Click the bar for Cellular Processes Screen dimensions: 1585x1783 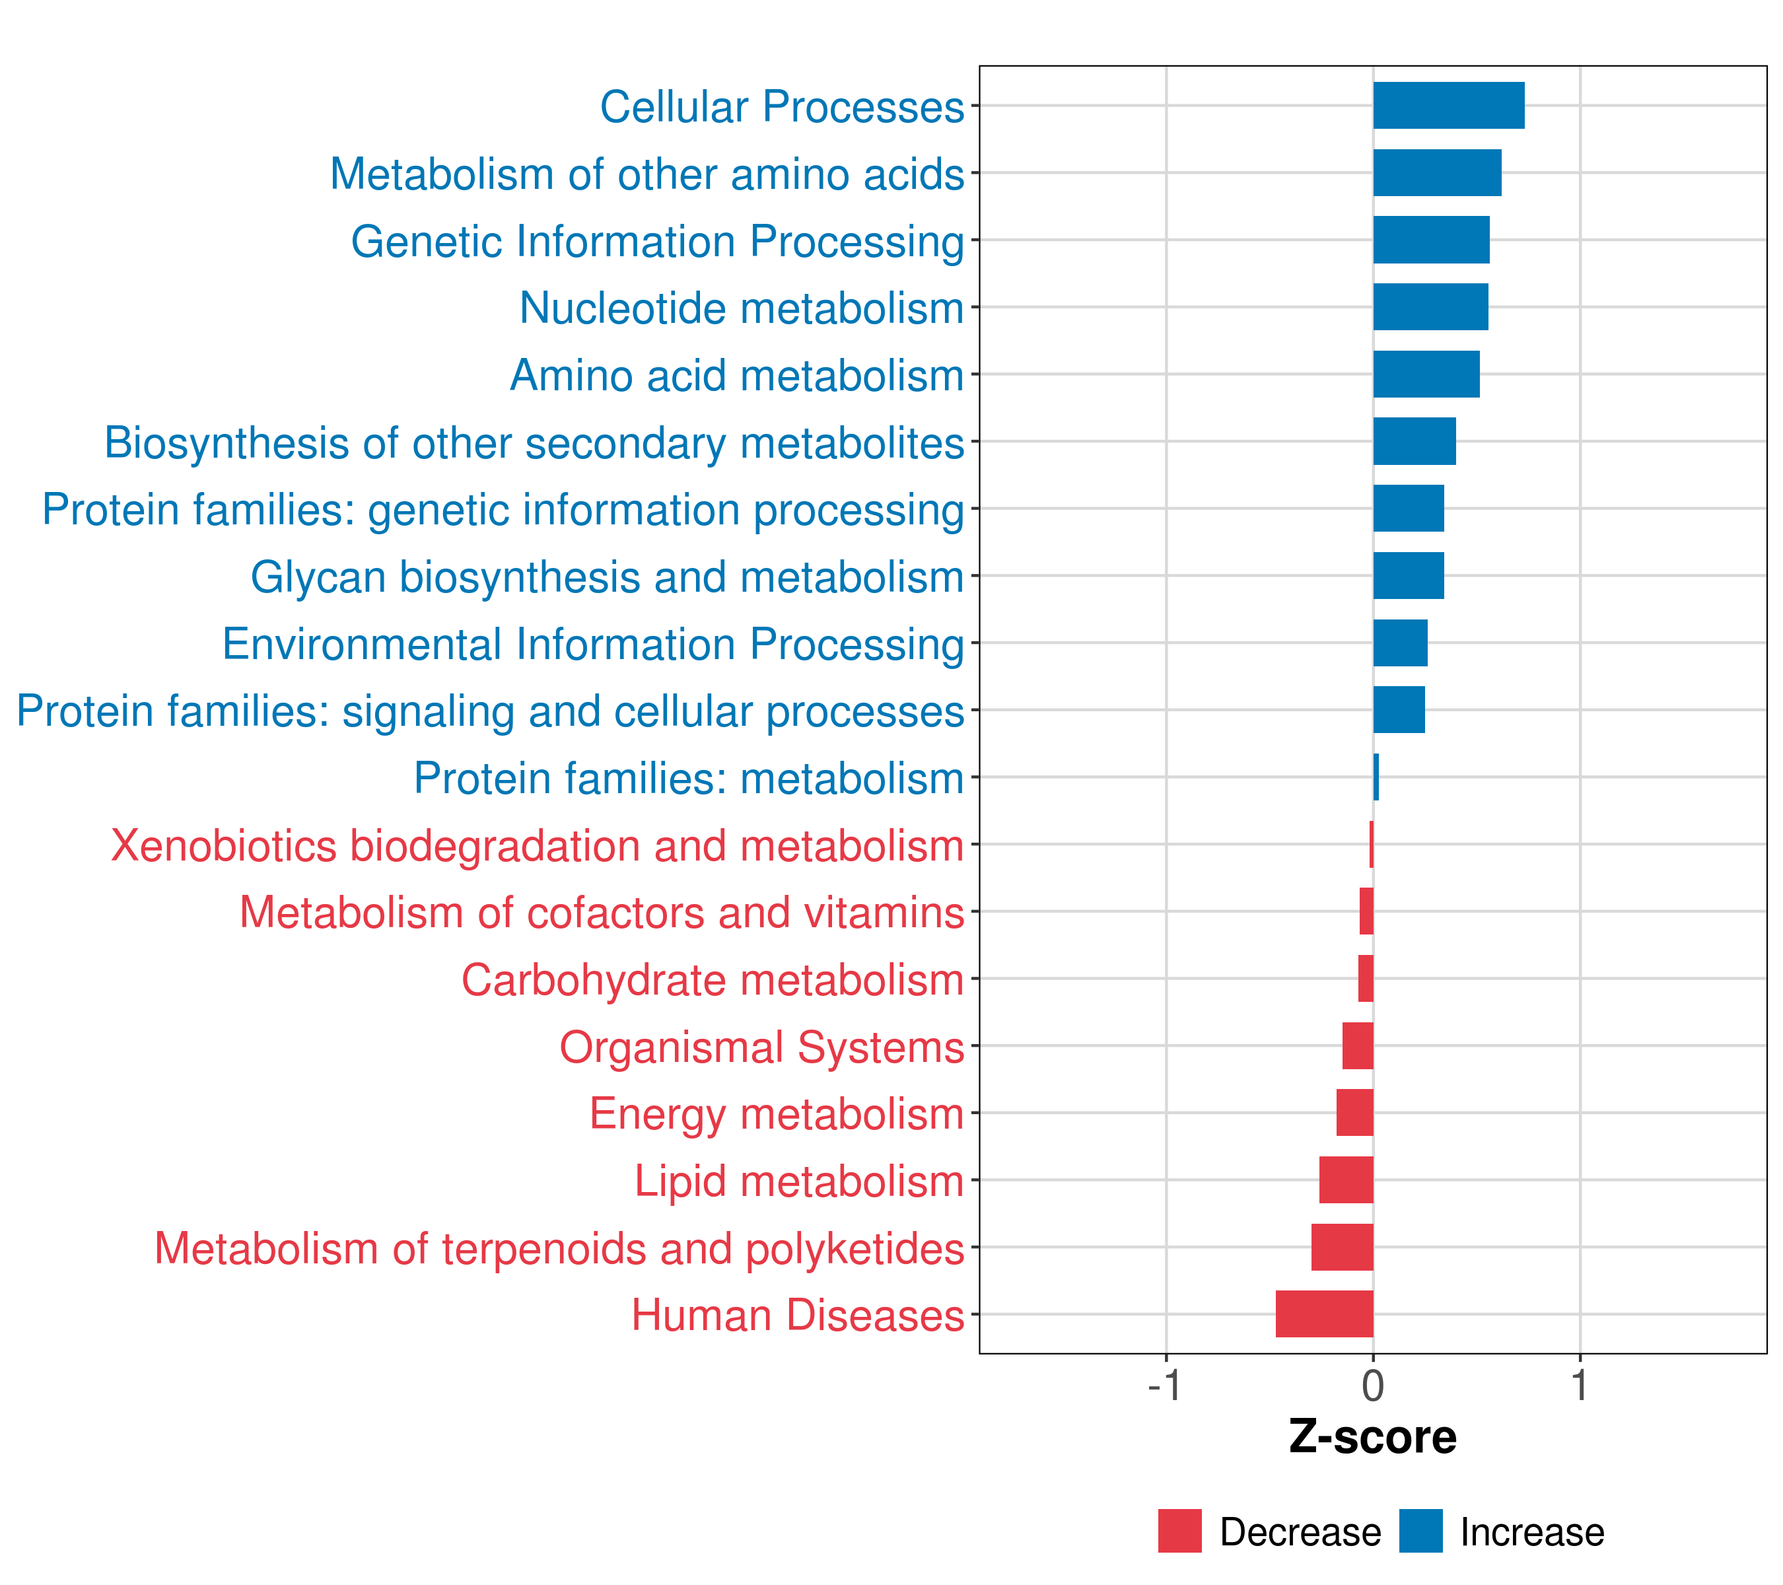(1448, 106)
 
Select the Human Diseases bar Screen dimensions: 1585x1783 (1324, 1314)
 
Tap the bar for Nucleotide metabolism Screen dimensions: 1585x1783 (1430, 307)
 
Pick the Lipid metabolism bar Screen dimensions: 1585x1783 (1346, 1180)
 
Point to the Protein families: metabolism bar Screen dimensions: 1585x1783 (1376, 777)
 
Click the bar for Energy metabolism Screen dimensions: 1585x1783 (1354, 1112)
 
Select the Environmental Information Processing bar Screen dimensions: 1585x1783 (1400, 643)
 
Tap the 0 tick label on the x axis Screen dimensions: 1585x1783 (1373, 1386)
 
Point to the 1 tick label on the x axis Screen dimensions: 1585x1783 (1580, 1386)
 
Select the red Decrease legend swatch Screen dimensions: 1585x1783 (1179, 1531)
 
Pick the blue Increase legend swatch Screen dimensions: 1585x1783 (1420, 1531)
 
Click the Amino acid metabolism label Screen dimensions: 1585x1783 (737, 376)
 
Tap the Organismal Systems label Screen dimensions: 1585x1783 (761, 1047)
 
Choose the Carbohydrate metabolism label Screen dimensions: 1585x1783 (713, 979)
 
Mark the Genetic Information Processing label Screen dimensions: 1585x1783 (658, 242)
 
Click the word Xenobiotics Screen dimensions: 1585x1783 (223, 846)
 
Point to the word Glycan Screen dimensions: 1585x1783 (318, 577)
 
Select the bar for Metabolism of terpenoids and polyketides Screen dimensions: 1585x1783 (1342, 1247)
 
